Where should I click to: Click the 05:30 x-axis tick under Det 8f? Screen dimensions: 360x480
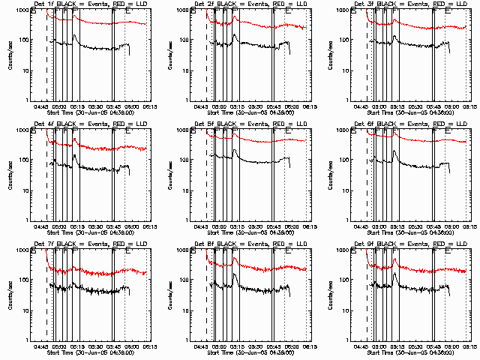(256, 347)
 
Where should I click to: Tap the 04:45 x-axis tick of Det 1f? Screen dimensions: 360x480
(42, 107)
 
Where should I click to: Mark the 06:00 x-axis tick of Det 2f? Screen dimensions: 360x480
(292, 107)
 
